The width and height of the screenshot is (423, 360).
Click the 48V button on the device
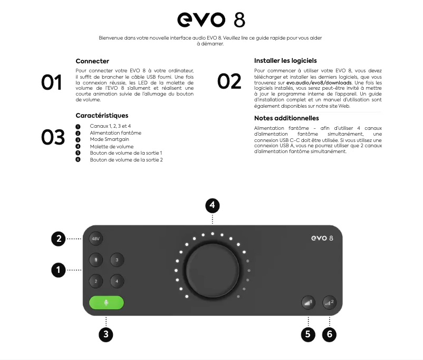tap(95, 239)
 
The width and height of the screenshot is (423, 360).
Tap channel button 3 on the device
tap(117, 260)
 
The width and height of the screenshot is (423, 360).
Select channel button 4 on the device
tap(117, 281)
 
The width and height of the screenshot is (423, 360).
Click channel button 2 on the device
tap(95, 281)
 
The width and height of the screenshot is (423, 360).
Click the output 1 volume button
tap(308, 302)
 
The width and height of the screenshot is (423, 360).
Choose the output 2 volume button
tap(330, 302)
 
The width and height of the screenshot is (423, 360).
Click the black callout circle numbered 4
tap(212, 206)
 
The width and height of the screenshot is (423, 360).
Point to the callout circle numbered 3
tap(106, 334)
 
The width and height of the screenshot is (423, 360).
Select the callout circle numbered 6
tap(330, 334)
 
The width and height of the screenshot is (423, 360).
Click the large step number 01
tap(52, 82)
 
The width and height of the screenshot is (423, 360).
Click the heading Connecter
tap(92, 61)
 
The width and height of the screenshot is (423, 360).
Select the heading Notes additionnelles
tap(286, 118)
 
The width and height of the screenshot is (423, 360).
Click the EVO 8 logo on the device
tap(321, 239)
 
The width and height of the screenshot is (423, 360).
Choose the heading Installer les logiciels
tap(285, 61)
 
